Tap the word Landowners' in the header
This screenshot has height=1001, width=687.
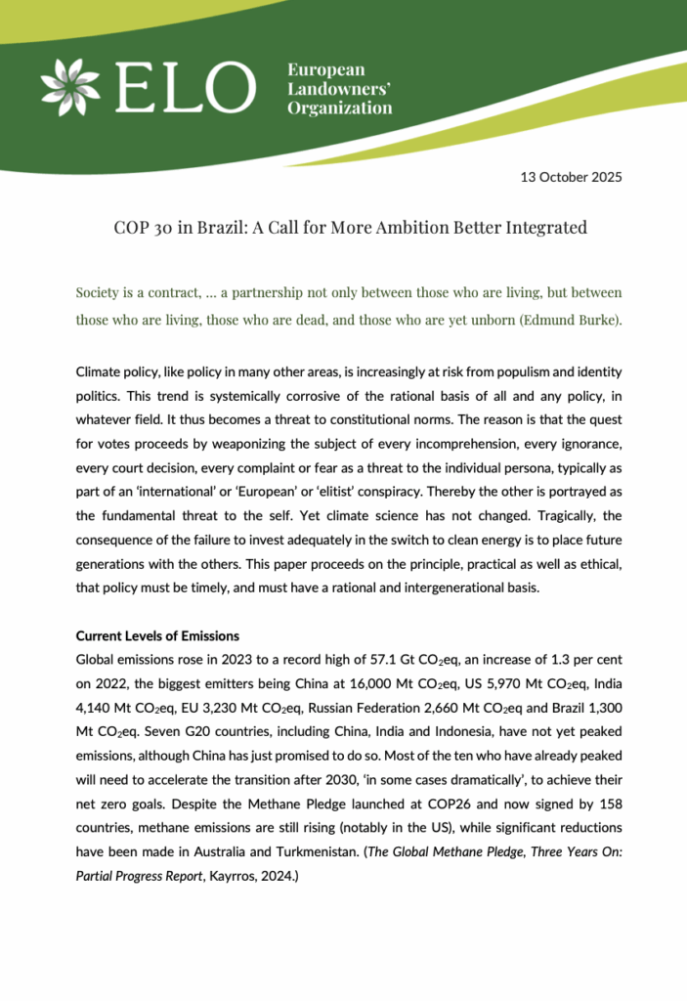(338, 89)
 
